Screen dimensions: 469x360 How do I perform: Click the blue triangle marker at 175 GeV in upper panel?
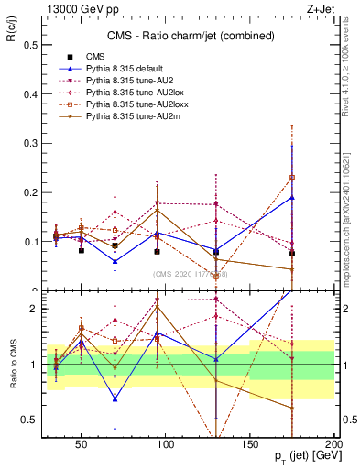click(x=292, y=197)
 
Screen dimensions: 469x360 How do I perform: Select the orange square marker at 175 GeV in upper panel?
click(x=292, y=178)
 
